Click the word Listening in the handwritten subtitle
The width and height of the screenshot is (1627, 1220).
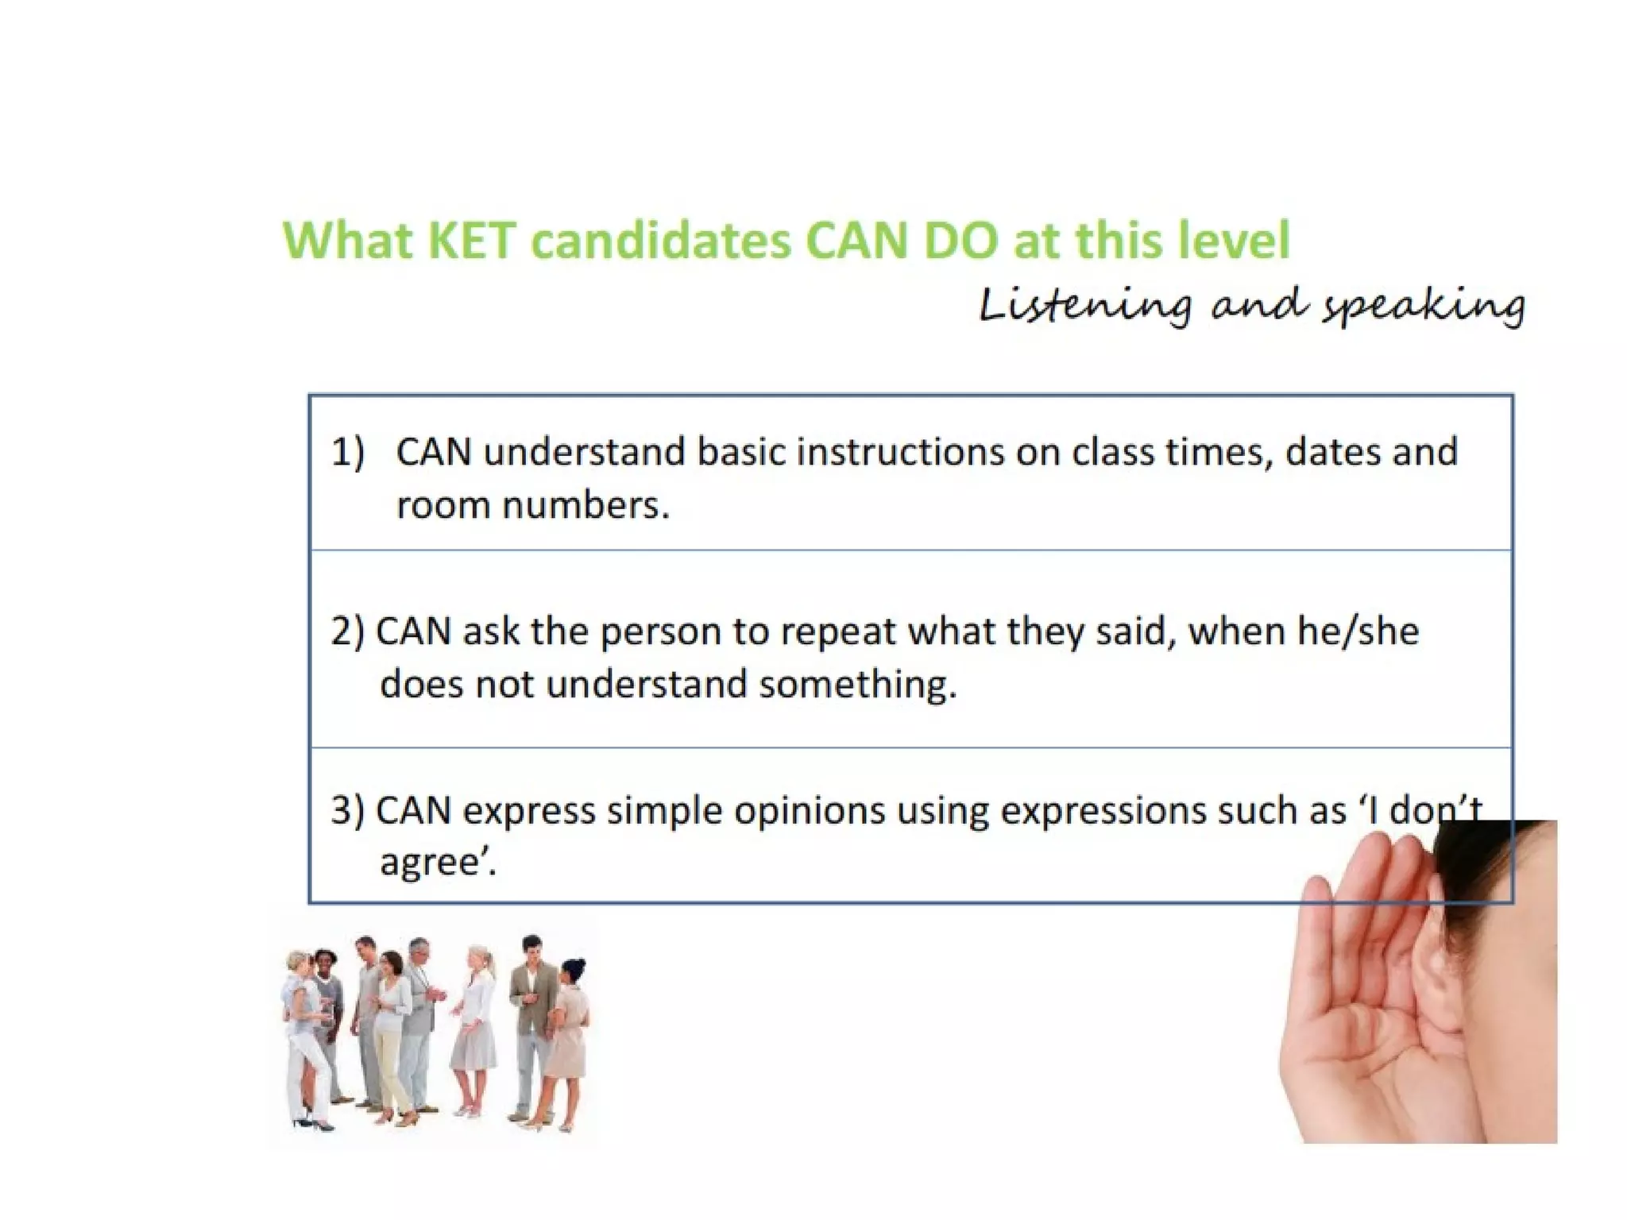1085,306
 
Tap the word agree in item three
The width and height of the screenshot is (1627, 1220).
433,863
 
